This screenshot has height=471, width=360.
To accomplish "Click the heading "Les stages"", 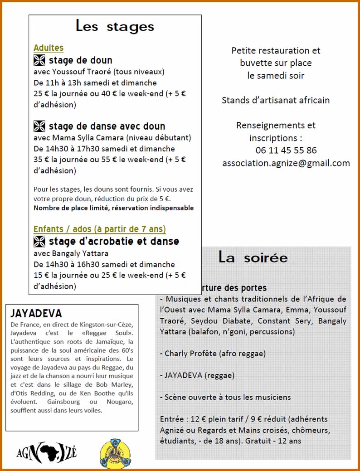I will tap(115, 26).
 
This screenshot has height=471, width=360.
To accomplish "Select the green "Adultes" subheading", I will tap(49, 48).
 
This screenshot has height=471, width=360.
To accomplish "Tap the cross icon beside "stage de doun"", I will tap(39, 60).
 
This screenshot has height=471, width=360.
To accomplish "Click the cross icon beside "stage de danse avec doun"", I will tap(39, 126).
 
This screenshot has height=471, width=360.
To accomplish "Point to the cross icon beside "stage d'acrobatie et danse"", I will tap(39, 241).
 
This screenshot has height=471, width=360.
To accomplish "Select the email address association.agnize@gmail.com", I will tap(286, 163).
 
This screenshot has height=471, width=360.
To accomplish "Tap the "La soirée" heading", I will tap(253, 257).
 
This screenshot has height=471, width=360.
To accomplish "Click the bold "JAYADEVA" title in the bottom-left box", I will tap(36, 314).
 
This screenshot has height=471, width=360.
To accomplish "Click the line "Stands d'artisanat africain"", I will tap(276, 100).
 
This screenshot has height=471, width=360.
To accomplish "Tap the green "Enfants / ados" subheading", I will tap(100, 229).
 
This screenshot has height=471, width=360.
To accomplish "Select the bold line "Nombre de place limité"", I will tap(113, 208).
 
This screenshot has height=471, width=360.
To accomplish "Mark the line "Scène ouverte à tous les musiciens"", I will tap(225, 397).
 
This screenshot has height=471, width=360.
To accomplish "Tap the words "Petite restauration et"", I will tap(276, 50).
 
